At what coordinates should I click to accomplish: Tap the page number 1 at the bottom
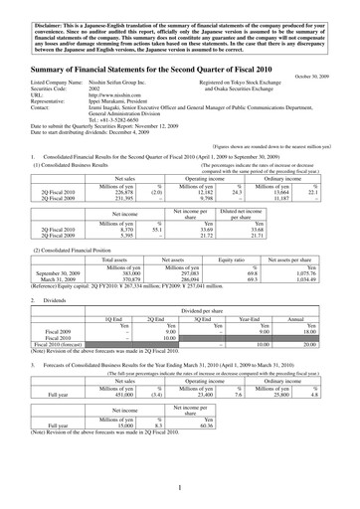tap(180, 488)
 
